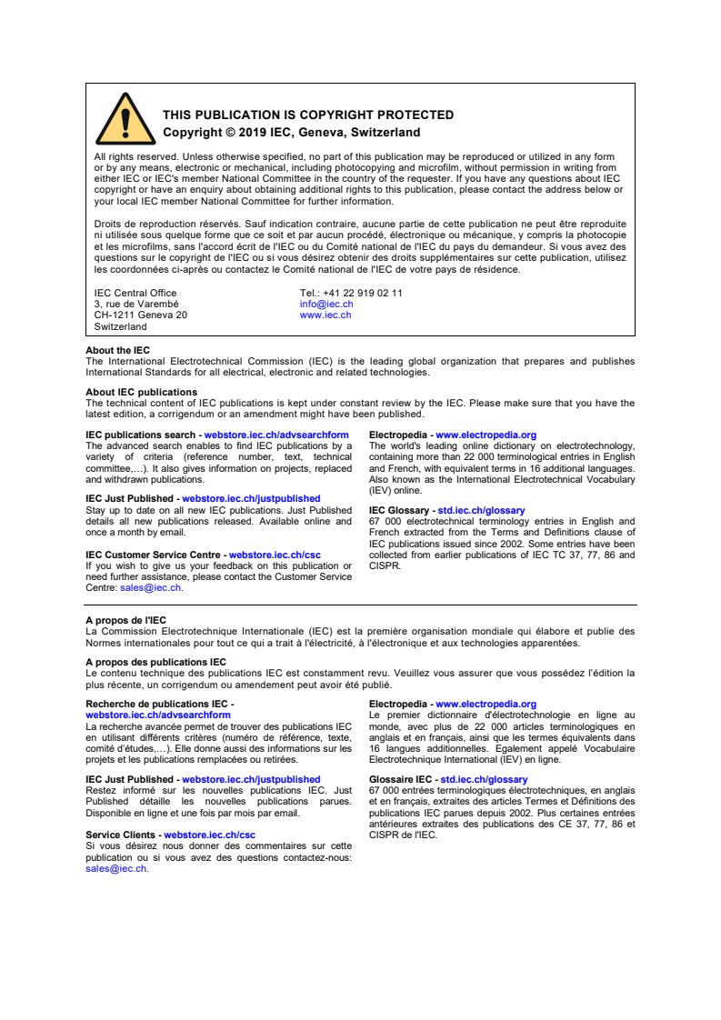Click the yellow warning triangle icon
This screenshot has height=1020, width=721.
[x=125, y=119]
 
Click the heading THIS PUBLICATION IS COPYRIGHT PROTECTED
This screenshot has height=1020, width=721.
[x=308, y=115]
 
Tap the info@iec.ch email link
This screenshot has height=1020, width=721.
[x=326, y=305]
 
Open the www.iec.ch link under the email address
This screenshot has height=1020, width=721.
[x=325, y=315]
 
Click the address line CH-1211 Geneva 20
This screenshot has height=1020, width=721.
[x=141, y=315]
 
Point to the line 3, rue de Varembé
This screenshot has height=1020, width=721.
[x=136, y=305]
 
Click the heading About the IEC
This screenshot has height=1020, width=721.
[x=118, y=351]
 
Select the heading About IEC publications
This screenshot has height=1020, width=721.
[x=141, y=393]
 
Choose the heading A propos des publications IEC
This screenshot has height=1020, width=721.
[x=155, y=663]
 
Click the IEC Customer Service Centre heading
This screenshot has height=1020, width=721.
[x=155, y=555]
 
